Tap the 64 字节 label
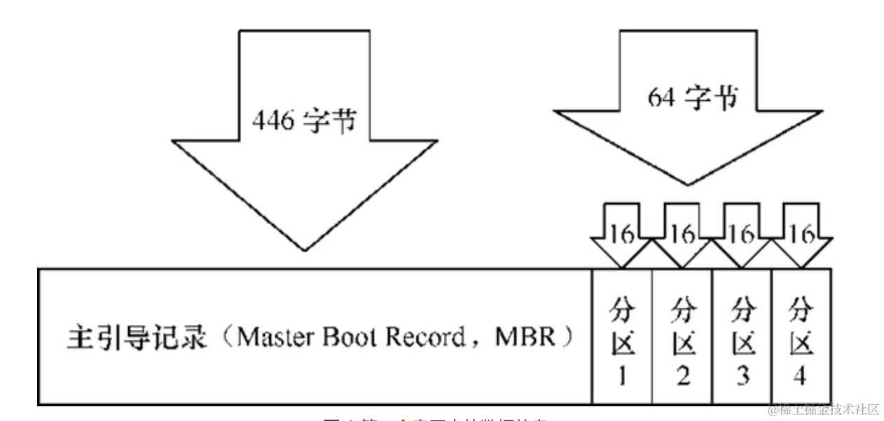tap(691, 98)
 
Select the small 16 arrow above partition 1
tap(621, 235)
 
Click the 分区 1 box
tap(622, 336)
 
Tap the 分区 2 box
tap(682, 336)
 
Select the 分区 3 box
tap(741, 336)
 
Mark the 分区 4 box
tap(801, 336)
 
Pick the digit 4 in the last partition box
tap(801, 377)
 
